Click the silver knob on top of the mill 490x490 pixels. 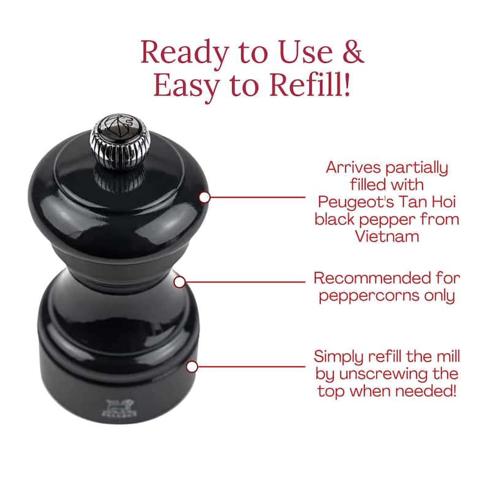tap(119, 142)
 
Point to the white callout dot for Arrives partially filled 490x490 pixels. tap(205, 197)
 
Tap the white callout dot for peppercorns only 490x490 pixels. tap(179, 282)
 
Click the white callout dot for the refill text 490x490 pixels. tap(192, 366)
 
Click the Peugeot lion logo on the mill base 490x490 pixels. tap(119, 407)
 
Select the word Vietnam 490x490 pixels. tap(387, 236)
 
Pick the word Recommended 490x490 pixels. tap(368, 278)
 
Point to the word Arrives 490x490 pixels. tap(353, 167)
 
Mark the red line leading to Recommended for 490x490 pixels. tap(245, 282)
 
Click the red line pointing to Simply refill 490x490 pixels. tap(251, 366)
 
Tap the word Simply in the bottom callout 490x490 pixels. tap(339, 357)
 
